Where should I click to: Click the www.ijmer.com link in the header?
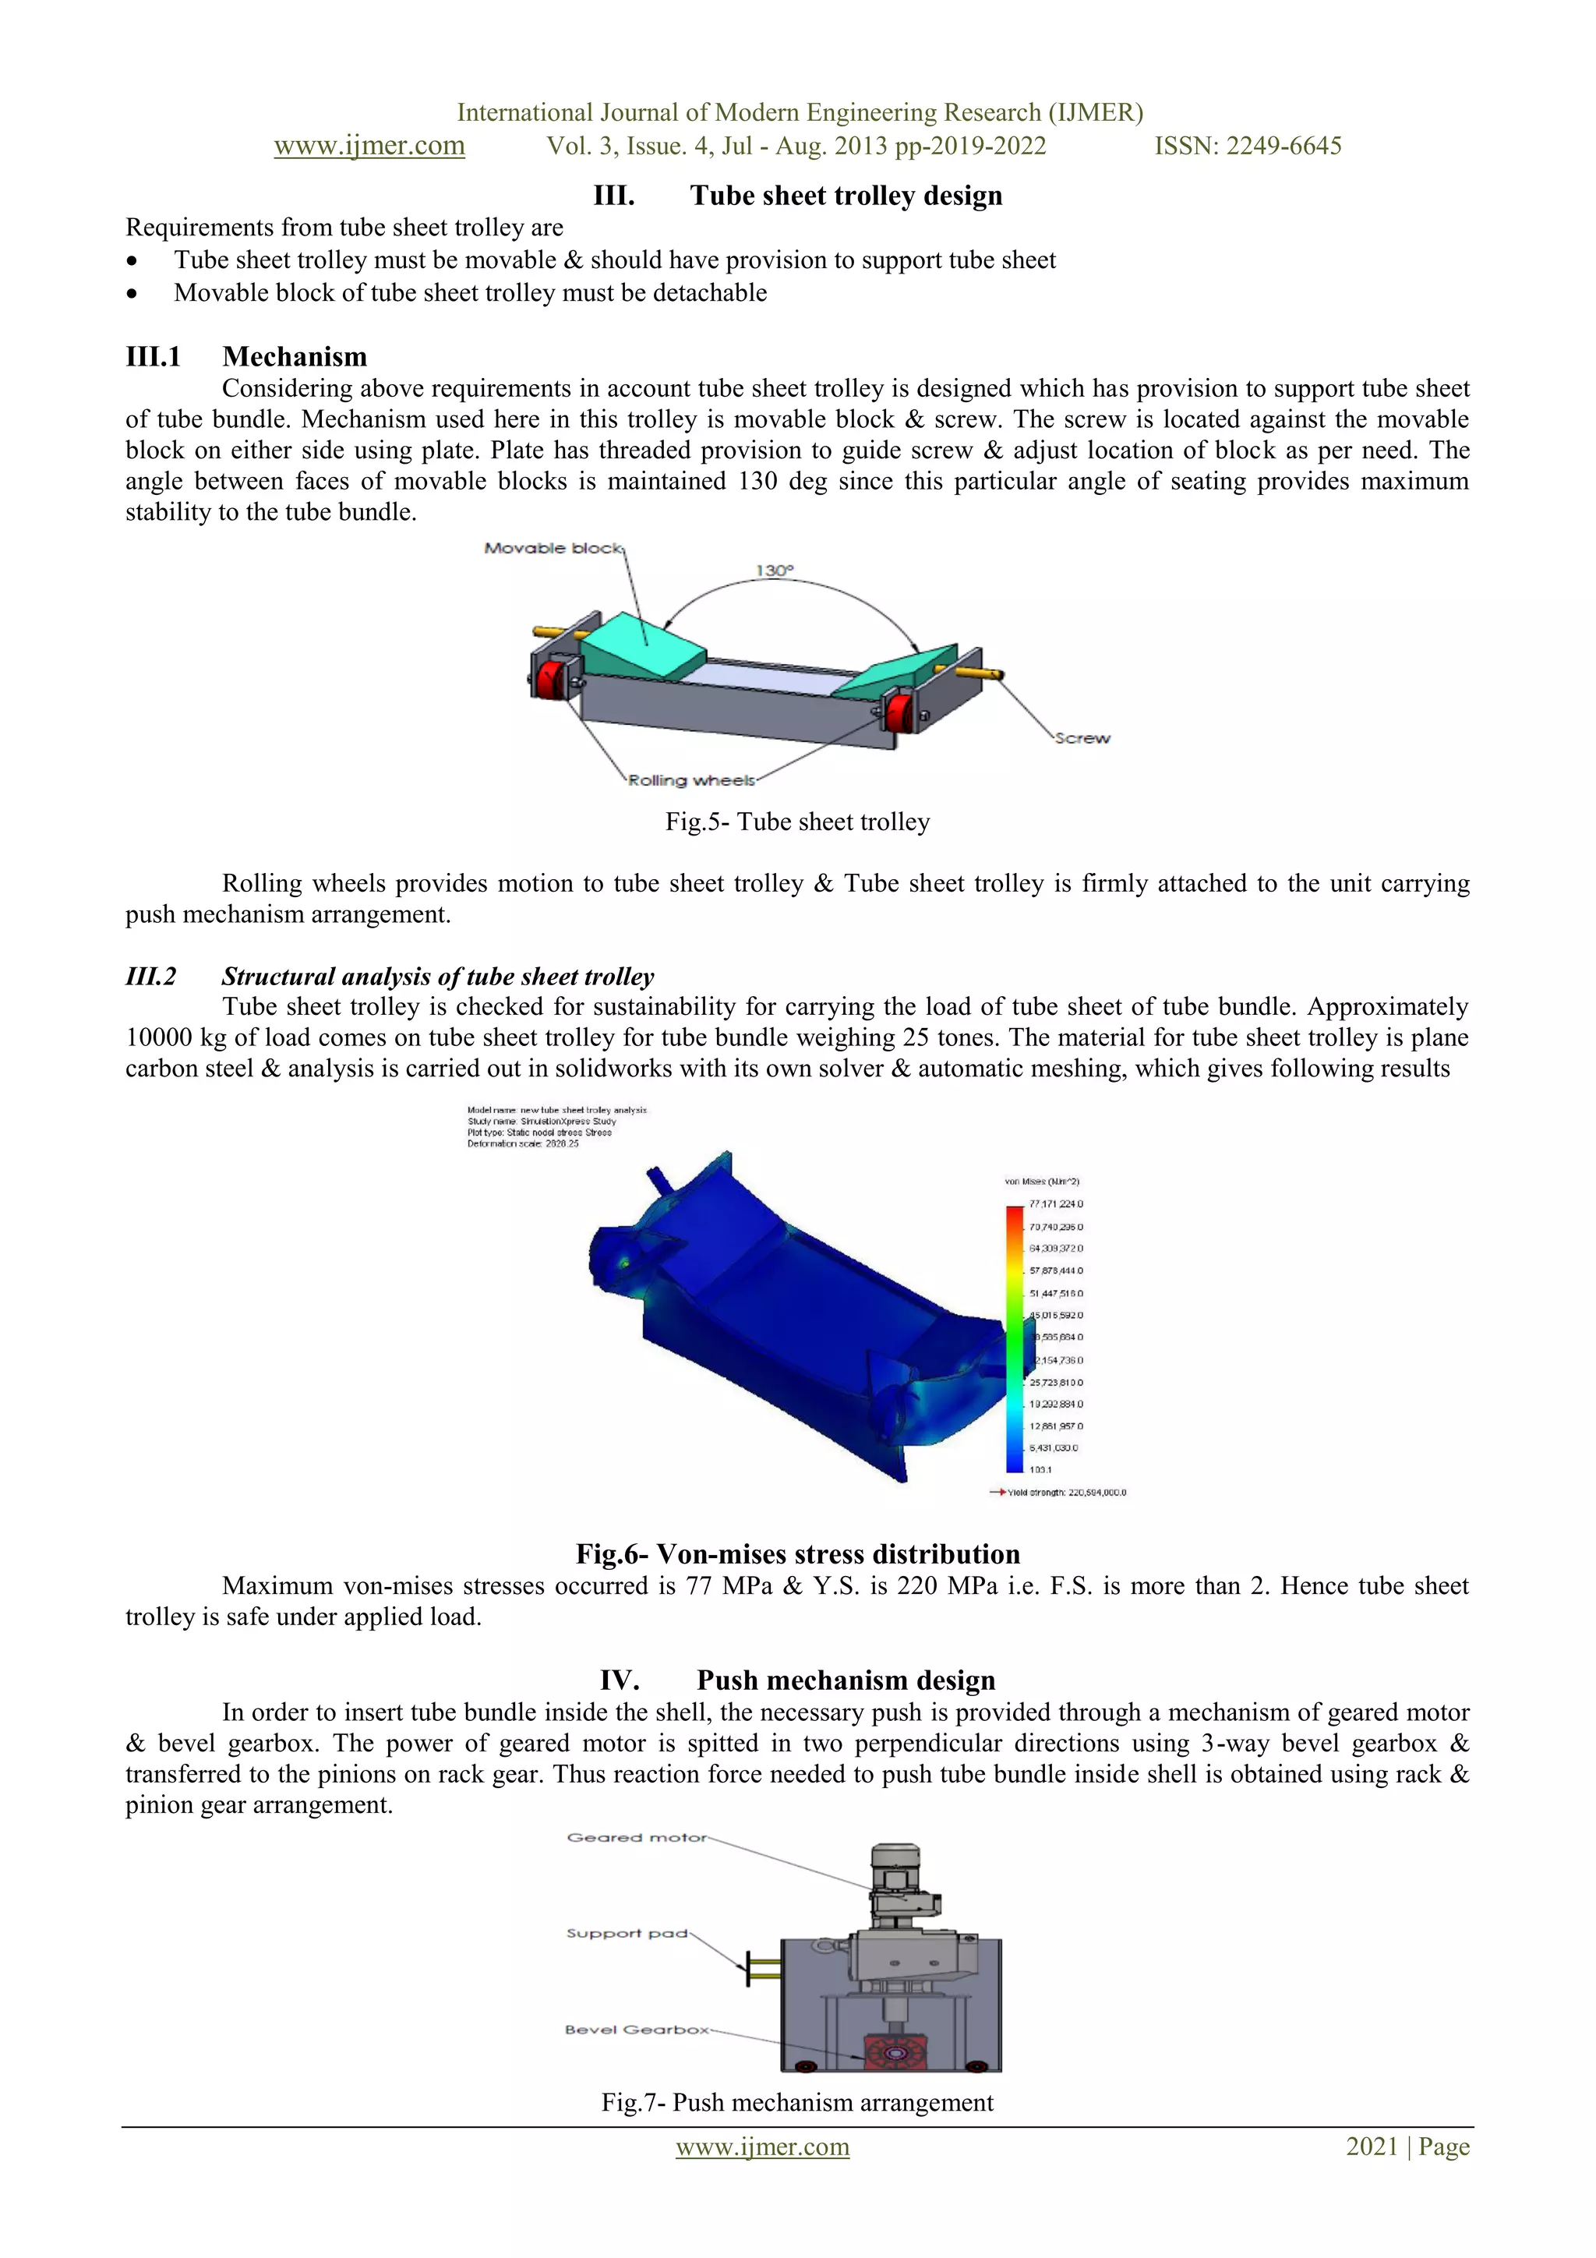369,146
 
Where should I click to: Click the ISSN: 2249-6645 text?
1247,146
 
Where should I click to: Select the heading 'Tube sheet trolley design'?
846,196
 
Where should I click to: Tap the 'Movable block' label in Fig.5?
553,548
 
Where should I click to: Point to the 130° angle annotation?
774,571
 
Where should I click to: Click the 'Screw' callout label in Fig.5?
1082,737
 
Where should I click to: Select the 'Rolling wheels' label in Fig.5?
691,780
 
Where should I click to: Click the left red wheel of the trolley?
549,677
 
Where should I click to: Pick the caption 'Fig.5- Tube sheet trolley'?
797,822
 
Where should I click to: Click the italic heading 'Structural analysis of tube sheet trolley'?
438,977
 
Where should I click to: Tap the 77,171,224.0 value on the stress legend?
1056,1203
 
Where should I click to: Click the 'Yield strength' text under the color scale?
1066,1492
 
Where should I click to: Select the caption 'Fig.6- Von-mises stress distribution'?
797,1554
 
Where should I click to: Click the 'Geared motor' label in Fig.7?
636,1837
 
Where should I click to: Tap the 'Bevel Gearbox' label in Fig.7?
636,2029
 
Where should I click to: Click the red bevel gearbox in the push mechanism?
894,2054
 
